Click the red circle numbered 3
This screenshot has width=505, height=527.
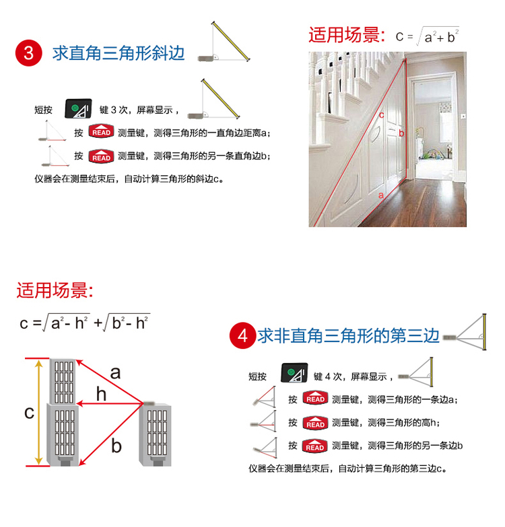point(28,53)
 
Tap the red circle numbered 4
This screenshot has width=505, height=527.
point(242,335)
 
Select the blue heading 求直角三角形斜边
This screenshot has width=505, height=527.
point(119,53)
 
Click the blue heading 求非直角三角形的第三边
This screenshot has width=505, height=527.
point(349,336)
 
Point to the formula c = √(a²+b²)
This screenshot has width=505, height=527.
point(428,36)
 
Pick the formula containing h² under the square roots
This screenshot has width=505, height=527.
point(85,323)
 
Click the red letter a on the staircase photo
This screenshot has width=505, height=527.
point(381,195)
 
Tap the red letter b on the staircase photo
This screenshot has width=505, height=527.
point(401,133)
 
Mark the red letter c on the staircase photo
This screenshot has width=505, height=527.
point(381,115)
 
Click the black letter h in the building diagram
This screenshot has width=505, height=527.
point(101,393)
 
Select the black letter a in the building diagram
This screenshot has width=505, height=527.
point(115,372)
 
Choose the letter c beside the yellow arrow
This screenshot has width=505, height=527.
point(30,413)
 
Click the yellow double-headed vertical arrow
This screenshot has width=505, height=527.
point(39,412)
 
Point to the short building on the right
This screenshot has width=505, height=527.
point(155,434)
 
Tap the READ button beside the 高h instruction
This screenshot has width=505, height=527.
point(315,423)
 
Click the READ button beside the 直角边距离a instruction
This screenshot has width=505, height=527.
point(101,132)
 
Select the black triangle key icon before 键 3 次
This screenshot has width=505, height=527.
point(78,109)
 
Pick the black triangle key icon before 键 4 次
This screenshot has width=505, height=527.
point(294,372)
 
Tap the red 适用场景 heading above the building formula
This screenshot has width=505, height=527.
point(55,290)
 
